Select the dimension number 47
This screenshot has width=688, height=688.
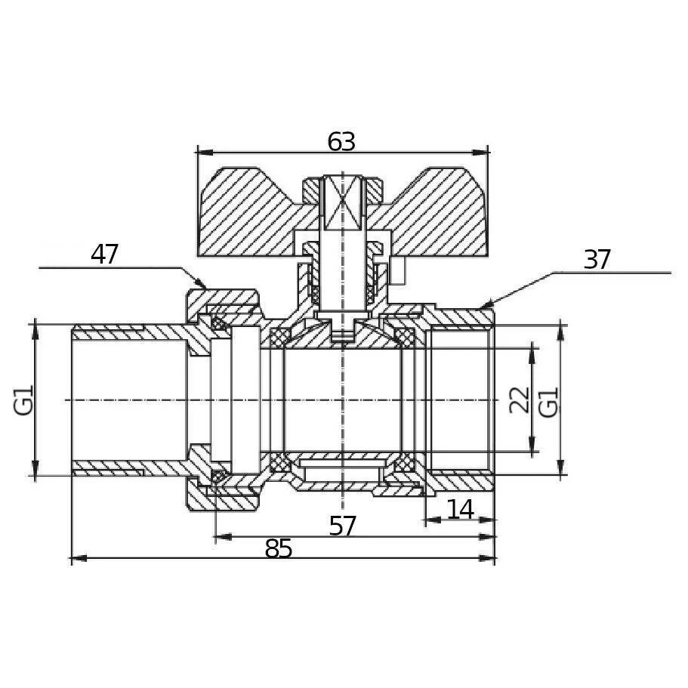[104, 255]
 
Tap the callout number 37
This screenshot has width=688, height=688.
[597, 260]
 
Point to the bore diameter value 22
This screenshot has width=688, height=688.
[520, 400]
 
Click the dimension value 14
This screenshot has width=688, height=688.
[460, 510]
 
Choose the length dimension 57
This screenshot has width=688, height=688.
[343, 526]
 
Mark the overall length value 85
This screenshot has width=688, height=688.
[278, 548]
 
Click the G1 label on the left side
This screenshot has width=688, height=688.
[23, 400]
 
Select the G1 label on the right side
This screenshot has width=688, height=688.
[548, 402]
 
